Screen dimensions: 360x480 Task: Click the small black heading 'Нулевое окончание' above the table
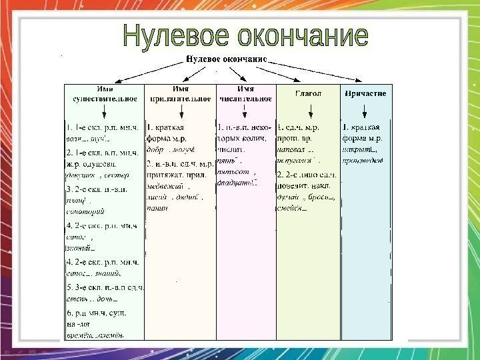226,59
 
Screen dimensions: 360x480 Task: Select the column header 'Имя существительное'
104,94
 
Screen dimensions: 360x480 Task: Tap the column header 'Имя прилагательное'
179,94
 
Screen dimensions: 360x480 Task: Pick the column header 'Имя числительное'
245,94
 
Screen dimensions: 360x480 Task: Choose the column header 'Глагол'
308,94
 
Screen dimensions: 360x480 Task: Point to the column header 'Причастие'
366,94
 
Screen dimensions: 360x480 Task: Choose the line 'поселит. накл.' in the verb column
306,185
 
